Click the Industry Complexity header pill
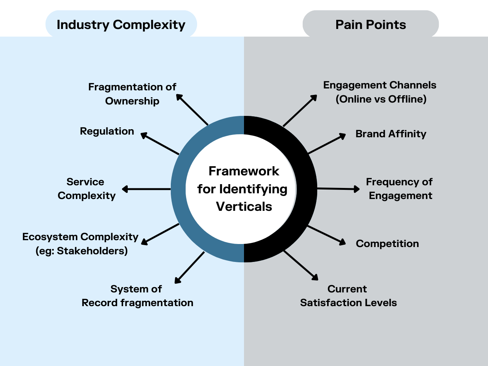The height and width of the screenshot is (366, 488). [x=121, y=24]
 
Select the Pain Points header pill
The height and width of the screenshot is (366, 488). [x=371, y=24]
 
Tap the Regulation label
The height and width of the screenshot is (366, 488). [x=107, y=131]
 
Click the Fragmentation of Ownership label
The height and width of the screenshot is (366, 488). [x=132, y=94]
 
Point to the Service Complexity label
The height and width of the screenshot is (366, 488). [x=86, y=189]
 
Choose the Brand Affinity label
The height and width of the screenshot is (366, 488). [x=391, y=134]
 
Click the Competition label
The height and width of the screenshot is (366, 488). [x=387, y=244]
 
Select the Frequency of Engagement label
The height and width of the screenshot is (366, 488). [x=400, y=189]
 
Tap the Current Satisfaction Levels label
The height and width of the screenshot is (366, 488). [x=348, y=296]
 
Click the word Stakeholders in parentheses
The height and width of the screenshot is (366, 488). [x=92, y=251]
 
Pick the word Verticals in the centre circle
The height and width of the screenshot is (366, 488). [x=244, y=207]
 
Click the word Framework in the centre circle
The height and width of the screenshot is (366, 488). [x=244, y=171]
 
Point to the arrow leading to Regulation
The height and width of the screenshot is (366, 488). [x=160, y=144]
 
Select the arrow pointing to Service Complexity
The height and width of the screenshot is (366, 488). [x=146, y=189]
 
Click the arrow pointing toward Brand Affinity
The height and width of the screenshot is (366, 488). [x=327, y=144]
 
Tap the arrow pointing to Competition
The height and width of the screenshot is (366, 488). [x=326, y=234]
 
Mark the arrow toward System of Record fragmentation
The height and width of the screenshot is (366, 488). [x=189, y=268]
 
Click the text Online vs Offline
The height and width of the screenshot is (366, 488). [x=381, y=99]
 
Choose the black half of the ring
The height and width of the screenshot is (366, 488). [x=307, y=189]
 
